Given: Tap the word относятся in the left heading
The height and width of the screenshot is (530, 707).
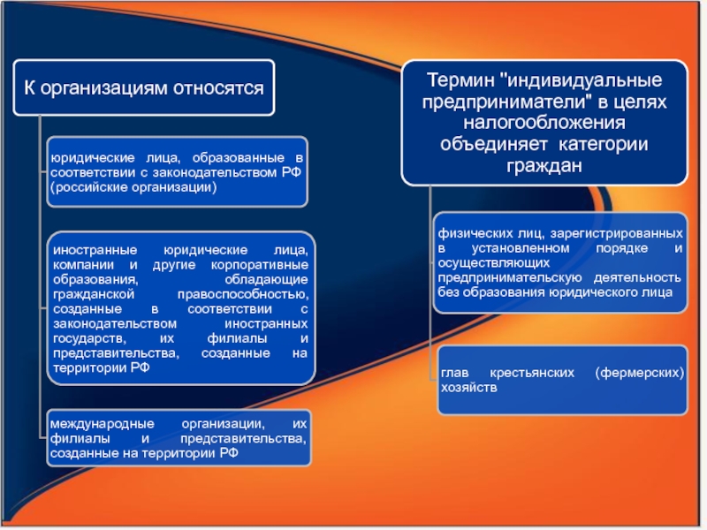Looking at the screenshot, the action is (218, 87).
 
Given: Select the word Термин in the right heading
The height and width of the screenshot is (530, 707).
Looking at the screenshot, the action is (460, 80).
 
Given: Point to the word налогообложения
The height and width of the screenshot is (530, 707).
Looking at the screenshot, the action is (544, 123).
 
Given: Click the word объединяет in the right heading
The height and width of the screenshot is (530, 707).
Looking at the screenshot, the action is (494, 144).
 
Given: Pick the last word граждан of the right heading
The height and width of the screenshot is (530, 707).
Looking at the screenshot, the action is (544, 166).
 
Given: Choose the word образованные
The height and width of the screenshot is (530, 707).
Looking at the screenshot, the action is (239, 158).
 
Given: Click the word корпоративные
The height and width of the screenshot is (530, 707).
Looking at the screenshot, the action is (260, 265).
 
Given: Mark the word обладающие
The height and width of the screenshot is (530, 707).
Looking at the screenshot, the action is (267, 280).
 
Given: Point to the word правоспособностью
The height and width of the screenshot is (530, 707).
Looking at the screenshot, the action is (243, 295).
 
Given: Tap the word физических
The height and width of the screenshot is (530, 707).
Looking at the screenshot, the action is (469, 233).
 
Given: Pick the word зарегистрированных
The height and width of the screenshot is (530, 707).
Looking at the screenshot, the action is (616, 233).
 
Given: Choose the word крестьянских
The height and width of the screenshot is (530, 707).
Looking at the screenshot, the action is (532, 373).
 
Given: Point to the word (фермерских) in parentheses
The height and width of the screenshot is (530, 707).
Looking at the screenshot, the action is (639, 373).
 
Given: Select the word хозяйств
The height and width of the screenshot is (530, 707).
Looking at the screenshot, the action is (469, 388).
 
